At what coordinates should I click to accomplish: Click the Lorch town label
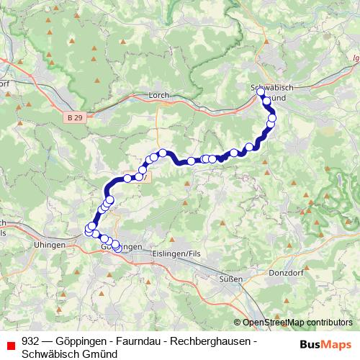[x=158, y=94]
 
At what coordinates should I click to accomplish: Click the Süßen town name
[x=231, y=278]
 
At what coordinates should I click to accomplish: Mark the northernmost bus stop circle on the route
[x=261, y=91]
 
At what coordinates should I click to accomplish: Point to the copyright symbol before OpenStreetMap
[x=238, y=323]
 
